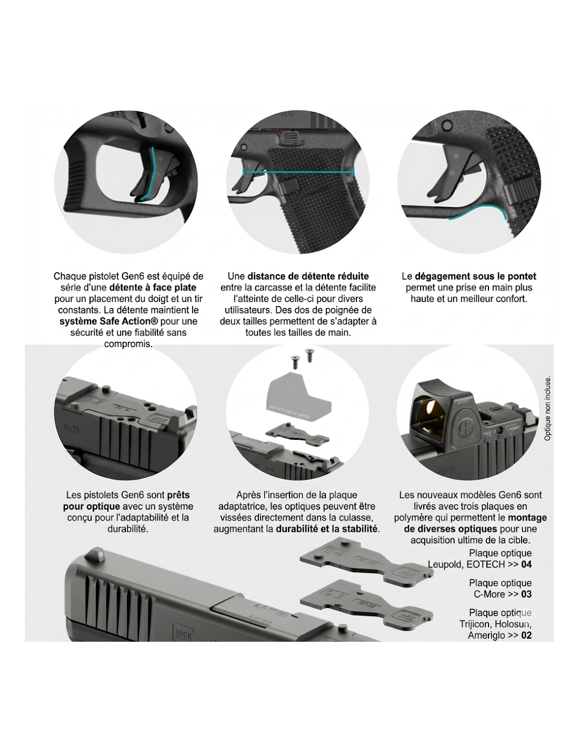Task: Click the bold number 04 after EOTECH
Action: pyautogui.click(x=526, y=564)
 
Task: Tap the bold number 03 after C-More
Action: pyautogui.click(x=526, y=594)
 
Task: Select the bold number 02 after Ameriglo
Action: pyautogui.click(x=526, y=635)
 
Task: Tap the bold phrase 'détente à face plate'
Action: pyautogui.click(x=152, y=287)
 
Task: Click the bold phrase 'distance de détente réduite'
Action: pyautogui.click(x=308, y=276)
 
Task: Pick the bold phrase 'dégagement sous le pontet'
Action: pyautogui.click(x=475, y=276)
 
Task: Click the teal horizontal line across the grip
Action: pyautogui.click(x=298, y=171)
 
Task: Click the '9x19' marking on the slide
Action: pyautogui.click(x=72, y=429)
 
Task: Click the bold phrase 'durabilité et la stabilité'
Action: pyautogui.click(x=327, y=529)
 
